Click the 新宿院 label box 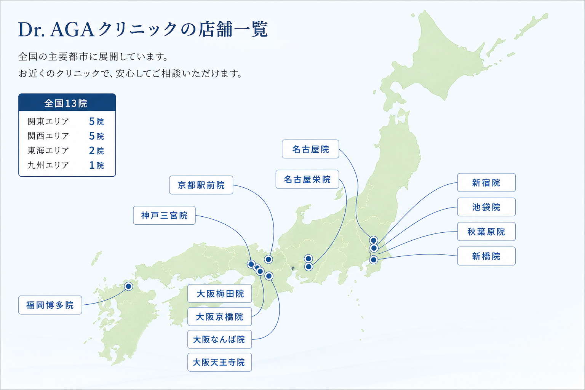[x=486, y=182]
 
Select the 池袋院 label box [x=486, y=207]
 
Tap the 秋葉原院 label [x=486, y=232]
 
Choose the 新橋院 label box [x=486, y=256]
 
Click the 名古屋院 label [x=310, y=149]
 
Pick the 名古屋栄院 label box [x=307, y=179]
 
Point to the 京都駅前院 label [x=201, y=185]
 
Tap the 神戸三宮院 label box [x=164, y=215]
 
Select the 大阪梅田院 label [x=220, y=294]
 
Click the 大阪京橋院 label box [x=220, y=316]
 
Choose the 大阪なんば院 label [x=220, y=339]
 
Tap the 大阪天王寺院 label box [x=220, y=362]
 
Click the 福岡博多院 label [x=50, y=305]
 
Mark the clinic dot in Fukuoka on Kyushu [x=128, y=286]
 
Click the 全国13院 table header [x=67, y=103]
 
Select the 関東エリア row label [x=48, y=121]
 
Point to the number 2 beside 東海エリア [x=92, y=151]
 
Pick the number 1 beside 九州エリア [x=92, y=165]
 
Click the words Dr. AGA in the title [x=56, y=30]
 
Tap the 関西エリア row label [x=48, y=136]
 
